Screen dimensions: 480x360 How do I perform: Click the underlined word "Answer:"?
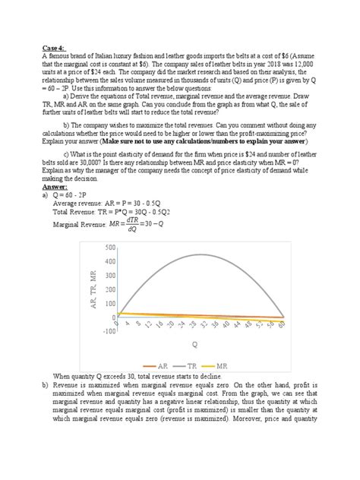pos(54,186)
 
